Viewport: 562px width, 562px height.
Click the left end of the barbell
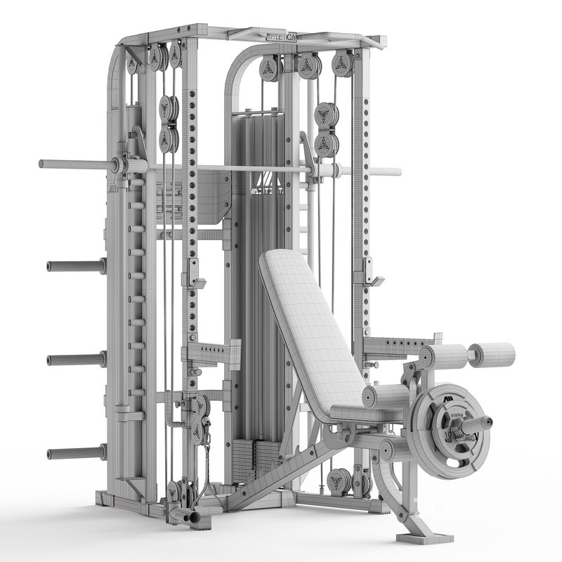[x=42, y=164]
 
